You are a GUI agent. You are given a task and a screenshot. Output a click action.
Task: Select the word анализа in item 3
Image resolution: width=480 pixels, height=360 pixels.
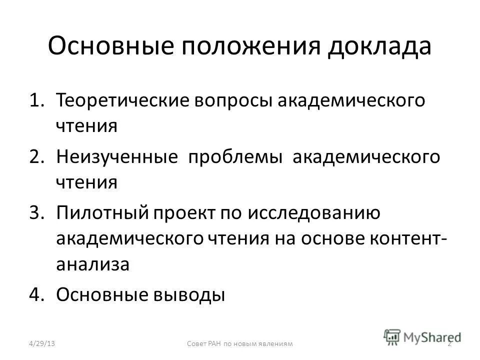pos(93,265)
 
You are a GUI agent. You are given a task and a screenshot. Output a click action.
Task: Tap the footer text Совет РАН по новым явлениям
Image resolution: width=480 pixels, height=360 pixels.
pos(239,343)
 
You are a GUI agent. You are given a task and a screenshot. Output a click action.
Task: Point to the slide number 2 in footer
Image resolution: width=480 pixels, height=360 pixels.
pos(449,343)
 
